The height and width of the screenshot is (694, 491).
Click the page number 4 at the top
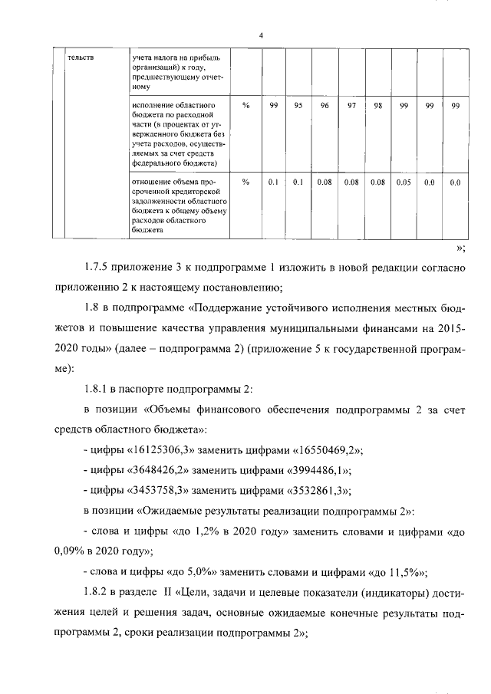point(261,35)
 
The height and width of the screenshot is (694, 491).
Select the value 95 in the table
point(299,106)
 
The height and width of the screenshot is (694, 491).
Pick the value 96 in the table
point(325,106)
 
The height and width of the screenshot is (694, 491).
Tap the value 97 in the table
point(351,106)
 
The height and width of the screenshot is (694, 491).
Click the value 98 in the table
point(377,106)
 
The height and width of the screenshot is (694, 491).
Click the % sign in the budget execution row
point(245,106)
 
